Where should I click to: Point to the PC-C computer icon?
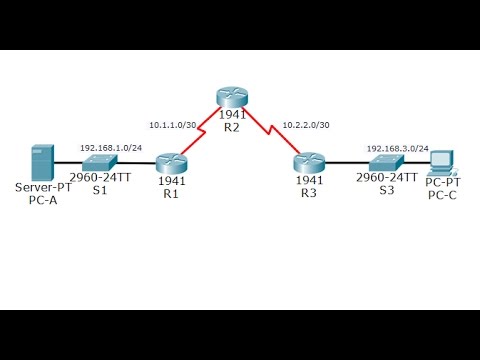tap(440, 160)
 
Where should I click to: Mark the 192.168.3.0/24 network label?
tap(397, 147)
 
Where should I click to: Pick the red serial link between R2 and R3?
tap(268, 129)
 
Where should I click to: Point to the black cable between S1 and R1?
tap(136, 162)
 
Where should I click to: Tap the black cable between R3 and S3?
tap(345, 162)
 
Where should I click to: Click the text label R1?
tap(171, 192)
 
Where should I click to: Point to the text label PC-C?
tap(442, 195)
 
